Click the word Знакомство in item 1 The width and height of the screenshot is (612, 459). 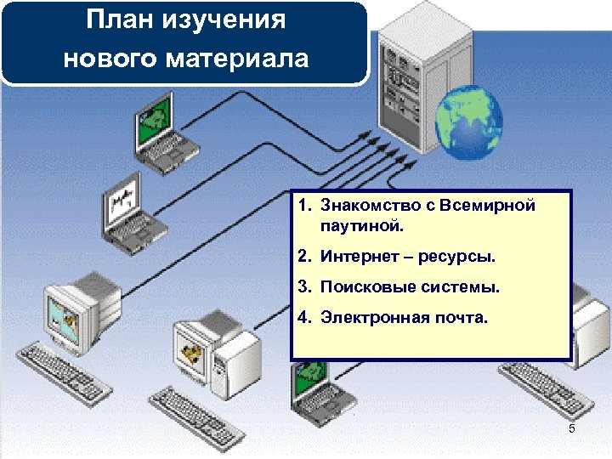coord(365,206)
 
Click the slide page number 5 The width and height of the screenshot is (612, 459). coord(571,428)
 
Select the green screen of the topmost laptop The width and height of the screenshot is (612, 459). coord(154,118)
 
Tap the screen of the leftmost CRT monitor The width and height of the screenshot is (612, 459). coord(63,311)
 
